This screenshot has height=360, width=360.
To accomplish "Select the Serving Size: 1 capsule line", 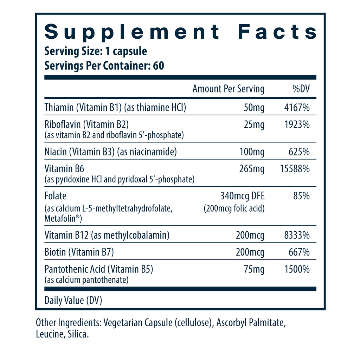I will pos(96,51).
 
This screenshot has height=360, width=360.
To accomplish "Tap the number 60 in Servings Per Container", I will pos(159,66).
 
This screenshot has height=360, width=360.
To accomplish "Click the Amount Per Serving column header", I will pos(228,89).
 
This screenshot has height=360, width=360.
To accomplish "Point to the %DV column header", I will pos(301,89).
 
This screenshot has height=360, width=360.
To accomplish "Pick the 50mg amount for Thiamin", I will pos(254,108).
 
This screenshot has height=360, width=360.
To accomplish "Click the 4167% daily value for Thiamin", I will pos(297,108).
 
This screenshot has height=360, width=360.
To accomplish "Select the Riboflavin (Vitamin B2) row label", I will pos(87,125).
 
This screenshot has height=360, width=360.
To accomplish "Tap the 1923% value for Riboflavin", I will pos(297,125).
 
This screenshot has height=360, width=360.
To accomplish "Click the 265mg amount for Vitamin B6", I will pos(251,169).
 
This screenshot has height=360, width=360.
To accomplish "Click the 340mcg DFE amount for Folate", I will pos(243,196).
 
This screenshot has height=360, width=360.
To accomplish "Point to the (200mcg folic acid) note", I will pos(234,208).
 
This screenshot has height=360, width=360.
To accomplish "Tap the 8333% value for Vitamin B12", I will pos(297,235).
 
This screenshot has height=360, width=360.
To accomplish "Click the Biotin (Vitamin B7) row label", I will pos(79,252).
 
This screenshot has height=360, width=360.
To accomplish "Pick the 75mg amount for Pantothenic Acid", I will pos(254,270).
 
